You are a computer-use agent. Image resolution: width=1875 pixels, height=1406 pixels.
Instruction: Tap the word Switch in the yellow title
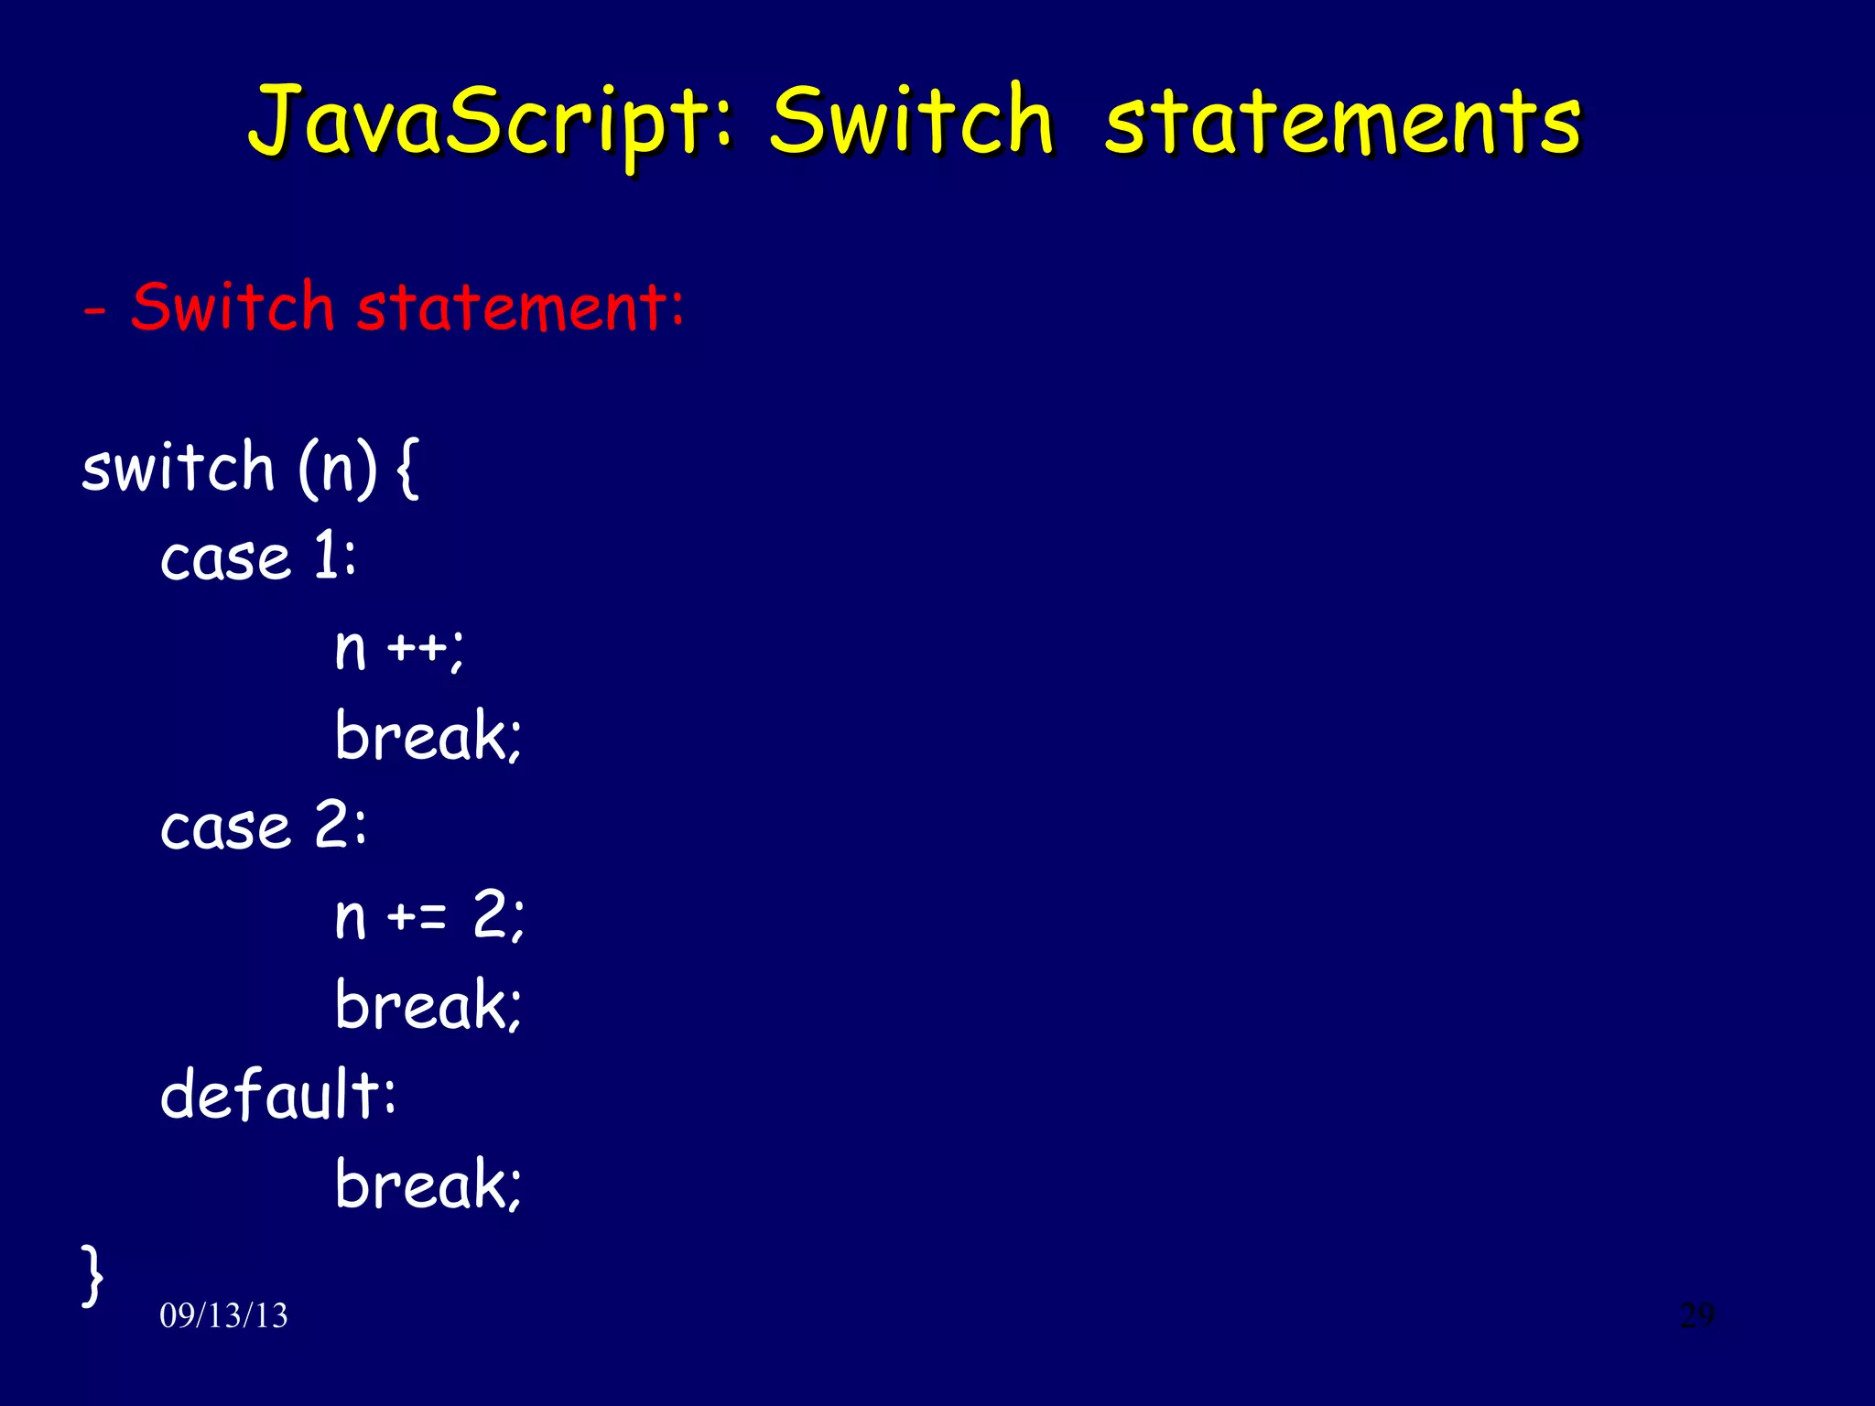click(911, 120)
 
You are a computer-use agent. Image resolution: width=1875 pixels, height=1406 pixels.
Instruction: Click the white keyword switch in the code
click(179, 467)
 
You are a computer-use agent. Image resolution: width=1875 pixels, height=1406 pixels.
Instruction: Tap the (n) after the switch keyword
click(337, 469)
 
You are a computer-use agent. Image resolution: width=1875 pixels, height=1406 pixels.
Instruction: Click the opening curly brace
click(408, 469)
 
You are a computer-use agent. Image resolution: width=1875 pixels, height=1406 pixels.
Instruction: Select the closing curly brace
click(92, 1274)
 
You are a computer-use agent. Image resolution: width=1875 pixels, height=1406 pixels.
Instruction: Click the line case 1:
click(258, 557)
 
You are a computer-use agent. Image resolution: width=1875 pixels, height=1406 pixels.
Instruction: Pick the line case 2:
click(263, 827)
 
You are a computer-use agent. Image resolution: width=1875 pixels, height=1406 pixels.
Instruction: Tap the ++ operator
click(417, 649)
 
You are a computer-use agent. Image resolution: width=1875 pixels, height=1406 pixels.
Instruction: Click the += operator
click(417, 916)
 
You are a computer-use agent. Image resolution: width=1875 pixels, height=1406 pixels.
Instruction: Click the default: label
click(278, 1094)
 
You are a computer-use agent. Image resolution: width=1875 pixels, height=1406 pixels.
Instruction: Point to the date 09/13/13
click(223, 1315)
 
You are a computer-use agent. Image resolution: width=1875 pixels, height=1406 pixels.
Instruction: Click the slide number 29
click(1696, 1314)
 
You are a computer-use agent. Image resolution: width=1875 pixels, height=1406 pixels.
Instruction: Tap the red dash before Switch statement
click(94, 311)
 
